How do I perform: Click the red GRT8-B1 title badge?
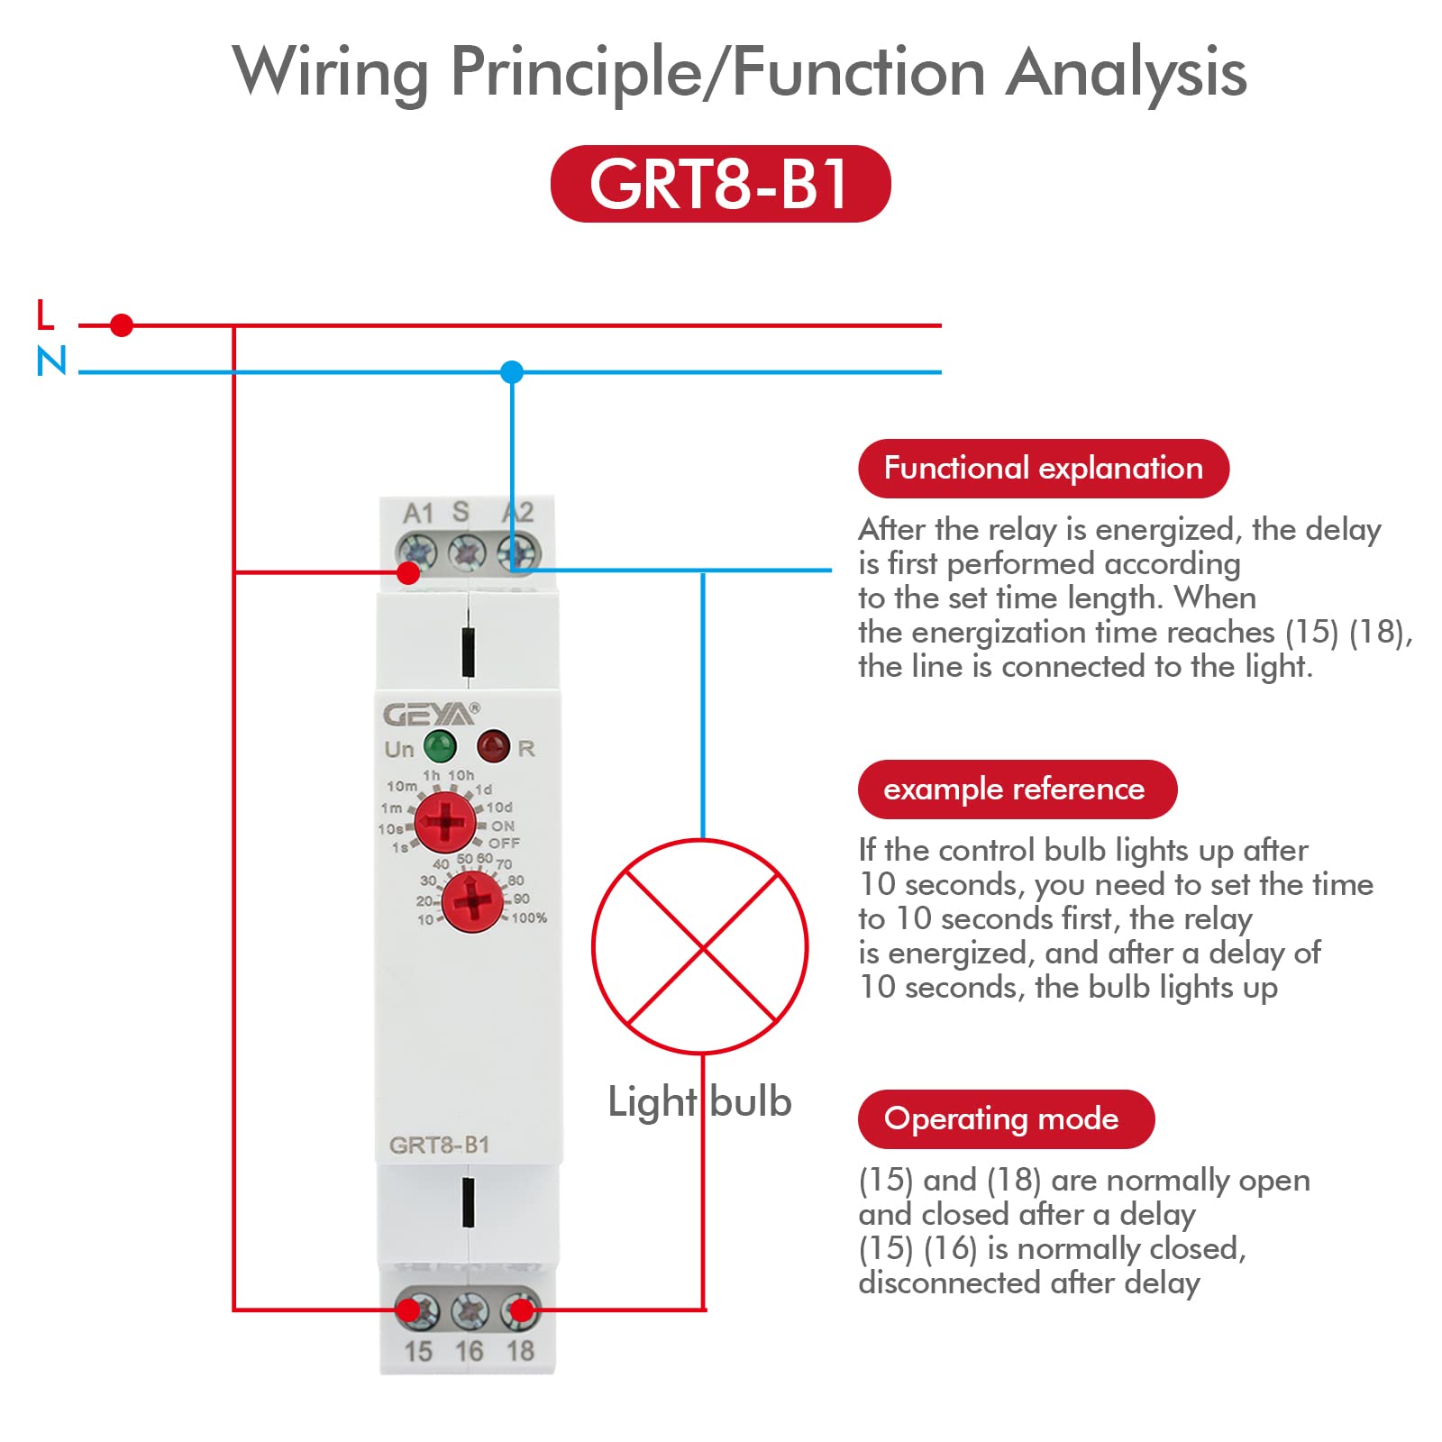tap(720, 184)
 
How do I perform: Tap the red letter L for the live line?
tap(45, 315)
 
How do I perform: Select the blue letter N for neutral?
tap(51, 361)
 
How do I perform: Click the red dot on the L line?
tap(122, 324)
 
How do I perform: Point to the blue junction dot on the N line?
tap(512, 371)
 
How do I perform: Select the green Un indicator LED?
tap(440, 746)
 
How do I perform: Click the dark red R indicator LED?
tap(493, 745)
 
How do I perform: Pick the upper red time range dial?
tap(445, 822)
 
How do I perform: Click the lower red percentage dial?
tap(472, 901)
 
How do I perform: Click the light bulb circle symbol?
tap(700, 946)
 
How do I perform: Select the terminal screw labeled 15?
tap(417, 1310)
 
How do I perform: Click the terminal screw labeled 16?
tap(469, 1310)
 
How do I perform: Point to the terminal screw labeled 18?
tap(520, 1310)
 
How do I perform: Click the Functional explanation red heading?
tap(1043, 469)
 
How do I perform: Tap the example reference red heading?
tap(1017, 789)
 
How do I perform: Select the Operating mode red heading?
tap(1005, 1118)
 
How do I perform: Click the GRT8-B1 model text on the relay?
tap(439, 1145)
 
